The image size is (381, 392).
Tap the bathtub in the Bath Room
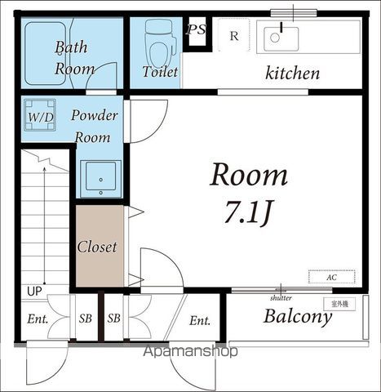pos(45,53)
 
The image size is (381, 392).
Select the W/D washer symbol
pos(40,115)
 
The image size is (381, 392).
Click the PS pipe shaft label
pos(196,29)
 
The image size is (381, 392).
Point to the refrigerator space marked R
pos(234,35)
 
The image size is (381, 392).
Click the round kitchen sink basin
pos(275,38)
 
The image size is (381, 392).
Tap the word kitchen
pos(292,73)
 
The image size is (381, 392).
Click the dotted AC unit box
pos(331,277)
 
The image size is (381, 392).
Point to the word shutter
pos(281,298)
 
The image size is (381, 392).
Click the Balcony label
pos(298,317)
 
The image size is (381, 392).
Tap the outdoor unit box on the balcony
pos(339,304)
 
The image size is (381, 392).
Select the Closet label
pos(97,247)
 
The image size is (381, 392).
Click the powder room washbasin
pos(100,179)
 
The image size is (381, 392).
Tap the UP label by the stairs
pos(34,292)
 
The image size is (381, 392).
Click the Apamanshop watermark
pos(190,351)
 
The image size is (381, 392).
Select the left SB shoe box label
pos(86,318)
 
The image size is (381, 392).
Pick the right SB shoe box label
pos(113,318)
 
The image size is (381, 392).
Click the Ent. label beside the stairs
pos(38,319)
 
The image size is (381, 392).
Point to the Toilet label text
pos(160,72)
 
